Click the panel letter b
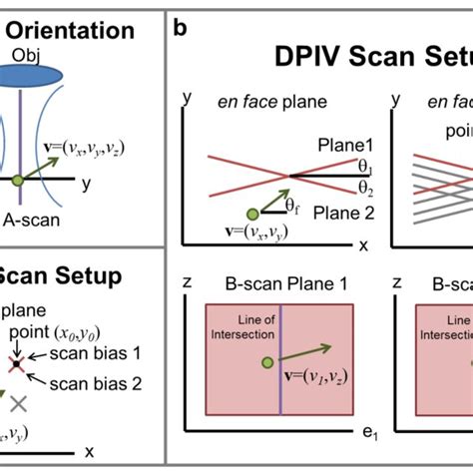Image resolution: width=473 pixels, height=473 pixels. pos(180,27)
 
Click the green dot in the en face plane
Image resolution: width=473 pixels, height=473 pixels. pos(252,212)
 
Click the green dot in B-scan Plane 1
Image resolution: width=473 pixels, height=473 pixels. pos(266,362)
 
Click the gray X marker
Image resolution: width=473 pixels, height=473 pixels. pos(18,403)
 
